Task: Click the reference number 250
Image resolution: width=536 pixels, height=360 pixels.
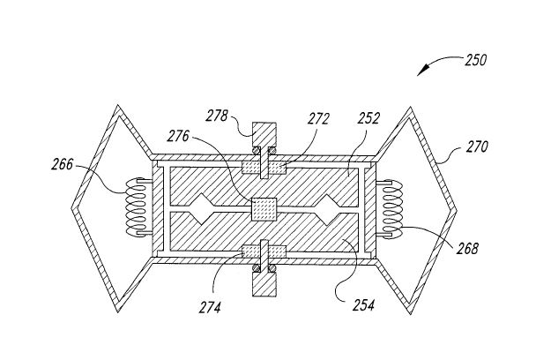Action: pyautogui.click(x=475, y=60)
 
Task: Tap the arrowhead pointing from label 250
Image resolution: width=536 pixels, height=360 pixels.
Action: pyautogui.click(x=421, y=71)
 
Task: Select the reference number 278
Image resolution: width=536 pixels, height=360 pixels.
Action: pyautogui.click(x=216, y=116)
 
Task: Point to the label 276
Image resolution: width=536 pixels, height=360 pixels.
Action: pyautogui.click(x=178, y=136)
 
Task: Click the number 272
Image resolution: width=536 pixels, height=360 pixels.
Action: pyautogui.click(x=318, y=119)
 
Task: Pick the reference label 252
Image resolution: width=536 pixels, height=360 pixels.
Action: pyautogui.click(x=368, y=118)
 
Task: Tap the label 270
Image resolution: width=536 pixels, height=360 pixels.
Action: pyautogui.click(x=477, y=146)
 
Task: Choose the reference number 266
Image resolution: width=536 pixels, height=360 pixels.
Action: pyautogui.click(x=63, y=165)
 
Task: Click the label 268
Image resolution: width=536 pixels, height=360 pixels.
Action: pyautogui.click(x=467, y=249)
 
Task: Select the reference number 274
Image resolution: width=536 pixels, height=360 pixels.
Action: pyautogui.click(x=210, y=307)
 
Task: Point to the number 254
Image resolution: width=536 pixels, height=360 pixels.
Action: pyautogui.click(x=363, y=304)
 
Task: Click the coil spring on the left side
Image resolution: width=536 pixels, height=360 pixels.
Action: pyautogui.click(x=137, y=206)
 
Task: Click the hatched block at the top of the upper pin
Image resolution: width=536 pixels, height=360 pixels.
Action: pyautogui.click(x=264, y=134)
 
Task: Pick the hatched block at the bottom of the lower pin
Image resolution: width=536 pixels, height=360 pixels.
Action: pyautogui.click(x=264, y=284)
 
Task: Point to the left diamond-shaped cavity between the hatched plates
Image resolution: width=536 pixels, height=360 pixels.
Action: pyautogui.click(x=202, y=209)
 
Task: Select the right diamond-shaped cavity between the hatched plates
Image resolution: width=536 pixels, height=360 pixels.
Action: pyautogui.click(x=327, y=209)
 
